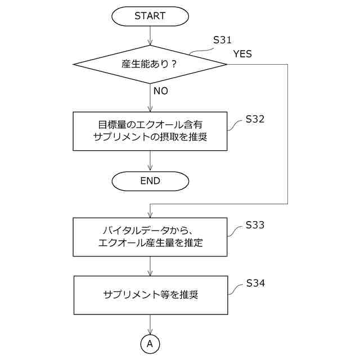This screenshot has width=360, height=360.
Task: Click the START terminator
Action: click(x=150, y=16)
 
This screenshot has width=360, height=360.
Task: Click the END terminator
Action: click(x=150, y=181)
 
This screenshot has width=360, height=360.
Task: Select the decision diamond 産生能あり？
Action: click(x=150, y=64)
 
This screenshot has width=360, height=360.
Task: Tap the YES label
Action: click(x=242, y=54)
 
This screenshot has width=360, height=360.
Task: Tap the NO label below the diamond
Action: click(x=160, y=91)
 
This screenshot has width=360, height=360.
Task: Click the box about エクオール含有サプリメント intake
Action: click(x=150, y=131)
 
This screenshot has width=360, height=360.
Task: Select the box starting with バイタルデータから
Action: click(x=150, y=237)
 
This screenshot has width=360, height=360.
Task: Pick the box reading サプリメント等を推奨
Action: click(x=150, y=295)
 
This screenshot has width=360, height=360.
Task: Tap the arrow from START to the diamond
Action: click(x=150, y=35)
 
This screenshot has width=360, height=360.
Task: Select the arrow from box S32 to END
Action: click(x=150, y=161)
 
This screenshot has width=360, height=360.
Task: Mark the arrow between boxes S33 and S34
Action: click(x=150, y=266)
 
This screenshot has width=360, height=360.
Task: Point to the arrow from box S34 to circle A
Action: click(x=150, y=325)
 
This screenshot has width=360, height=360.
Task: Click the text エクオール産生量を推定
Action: click(x=150, y=244)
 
